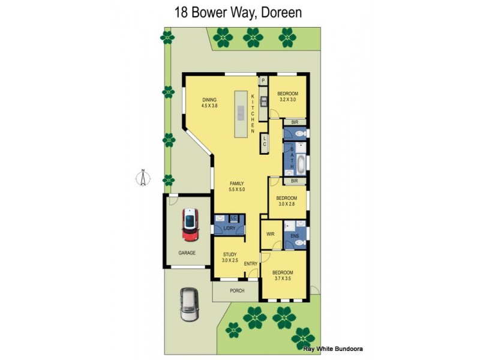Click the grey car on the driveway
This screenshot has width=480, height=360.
click(190, 305)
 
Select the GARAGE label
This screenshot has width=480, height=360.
click(187, 253)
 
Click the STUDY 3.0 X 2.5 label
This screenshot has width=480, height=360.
click(230, 257)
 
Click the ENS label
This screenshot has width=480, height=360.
click(295, 236)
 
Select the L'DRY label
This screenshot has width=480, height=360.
click(229, 229)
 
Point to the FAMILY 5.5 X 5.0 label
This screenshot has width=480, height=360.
click(236, 186)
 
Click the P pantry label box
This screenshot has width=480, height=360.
click(263, 80)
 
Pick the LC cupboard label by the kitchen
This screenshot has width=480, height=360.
click(263, 142)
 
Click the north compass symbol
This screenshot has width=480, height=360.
click(143, 178)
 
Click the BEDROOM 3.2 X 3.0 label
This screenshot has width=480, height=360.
click(287, 97)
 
